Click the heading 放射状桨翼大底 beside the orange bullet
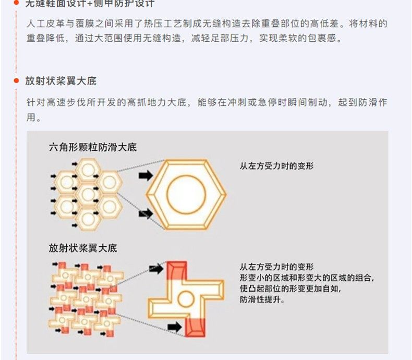(60, 81)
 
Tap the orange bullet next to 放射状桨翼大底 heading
(16, 81)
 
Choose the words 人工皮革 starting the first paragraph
(45, 25)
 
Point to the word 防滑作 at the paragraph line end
(371, 103)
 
